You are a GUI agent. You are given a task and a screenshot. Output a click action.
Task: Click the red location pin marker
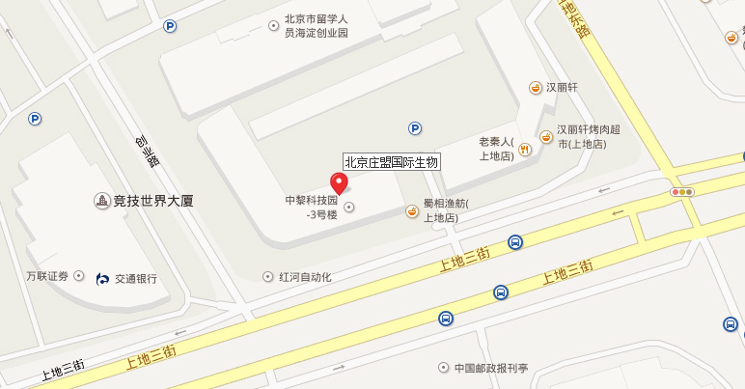tap(339, 183)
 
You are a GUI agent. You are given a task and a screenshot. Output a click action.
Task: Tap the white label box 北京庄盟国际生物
tap(392, 162)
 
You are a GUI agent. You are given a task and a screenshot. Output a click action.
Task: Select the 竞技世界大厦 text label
tap(153, 202)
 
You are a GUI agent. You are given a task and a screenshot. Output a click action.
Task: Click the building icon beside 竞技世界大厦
tap(101, 202)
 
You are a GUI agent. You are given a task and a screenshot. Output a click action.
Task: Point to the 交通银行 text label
tap(135, 279)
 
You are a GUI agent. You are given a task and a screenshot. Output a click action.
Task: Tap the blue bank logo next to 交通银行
tap(103, 279)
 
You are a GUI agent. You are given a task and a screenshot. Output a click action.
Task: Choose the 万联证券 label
tap(47, 277)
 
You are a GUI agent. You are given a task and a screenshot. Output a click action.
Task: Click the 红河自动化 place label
tap(305, 277)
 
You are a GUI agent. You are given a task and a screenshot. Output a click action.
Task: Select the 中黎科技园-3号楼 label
tap(311, 208)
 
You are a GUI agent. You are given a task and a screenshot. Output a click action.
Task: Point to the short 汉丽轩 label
tap(562, 87)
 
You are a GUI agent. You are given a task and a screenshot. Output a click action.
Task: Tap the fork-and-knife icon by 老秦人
tap(525, 149)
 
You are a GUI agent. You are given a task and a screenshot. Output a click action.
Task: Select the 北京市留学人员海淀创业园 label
tap(316, 26)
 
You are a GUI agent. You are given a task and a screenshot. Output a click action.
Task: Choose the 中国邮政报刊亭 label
tap(491, 368)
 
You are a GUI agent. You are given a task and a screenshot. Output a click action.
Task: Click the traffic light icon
tap(682, 192)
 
